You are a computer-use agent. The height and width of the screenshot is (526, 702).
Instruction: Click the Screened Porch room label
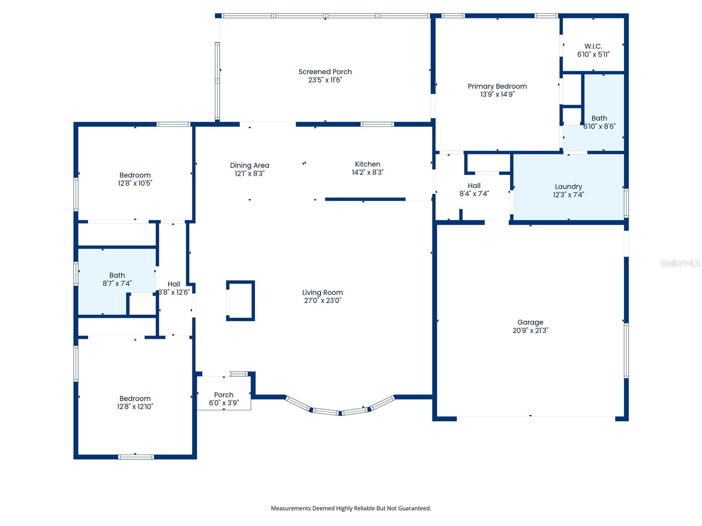click(x=325, y=72)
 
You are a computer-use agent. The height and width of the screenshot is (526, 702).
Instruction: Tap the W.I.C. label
click(x=593, y=46)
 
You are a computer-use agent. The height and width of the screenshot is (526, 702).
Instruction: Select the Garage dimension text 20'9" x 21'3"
click(x=530, y=331)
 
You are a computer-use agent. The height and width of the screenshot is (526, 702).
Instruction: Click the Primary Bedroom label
click(x=497, y=86)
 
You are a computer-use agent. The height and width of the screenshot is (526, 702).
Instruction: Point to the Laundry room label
click(x=568, y=187)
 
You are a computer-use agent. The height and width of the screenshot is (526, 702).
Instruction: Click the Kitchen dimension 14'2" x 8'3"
click(x=367, y=172)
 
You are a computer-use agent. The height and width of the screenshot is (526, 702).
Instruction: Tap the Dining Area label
click(x=249, y=165)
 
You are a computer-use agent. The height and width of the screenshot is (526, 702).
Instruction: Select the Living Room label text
click(x=322, y=292)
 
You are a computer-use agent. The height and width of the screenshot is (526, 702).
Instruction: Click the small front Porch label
click(x=224, y=395)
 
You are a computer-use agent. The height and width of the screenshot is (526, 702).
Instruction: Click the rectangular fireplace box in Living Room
click(x=240, y=301)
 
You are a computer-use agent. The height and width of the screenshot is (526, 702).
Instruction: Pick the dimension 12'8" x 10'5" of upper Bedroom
click(x=135, y=183)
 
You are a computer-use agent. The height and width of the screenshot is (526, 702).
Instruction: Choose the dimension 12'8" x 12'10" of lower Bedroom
click(x=135, y=406)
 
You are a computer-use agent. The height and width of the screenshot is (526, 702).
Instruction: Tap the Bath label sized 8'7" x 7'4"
click(x=117, y=275)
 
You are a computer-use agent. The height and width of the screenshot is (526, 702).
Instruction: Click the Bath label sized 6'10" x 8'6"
click(x=599, y=118)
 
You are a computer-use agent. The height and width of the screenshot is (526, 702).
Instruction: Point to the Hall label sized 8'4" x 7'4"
click(x=474, y=186)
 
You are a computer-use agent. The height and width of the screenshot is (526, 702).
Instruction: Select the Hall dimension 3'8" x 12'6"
click(x=174, y=292)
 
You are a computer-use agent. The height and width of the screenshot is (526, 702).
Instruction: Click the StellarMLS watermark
click(x=680, y=263)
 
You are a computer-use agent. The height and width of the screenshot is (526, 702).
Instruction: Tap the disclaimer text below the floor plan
click(x=351, y=508)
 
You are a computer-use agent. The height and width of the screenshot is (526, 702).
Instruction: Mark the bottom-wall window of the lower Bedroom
click(x=136, y=457)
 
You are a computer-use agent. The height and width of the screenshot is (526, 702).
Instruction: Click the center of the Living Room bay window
click(x=340, y=412)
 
